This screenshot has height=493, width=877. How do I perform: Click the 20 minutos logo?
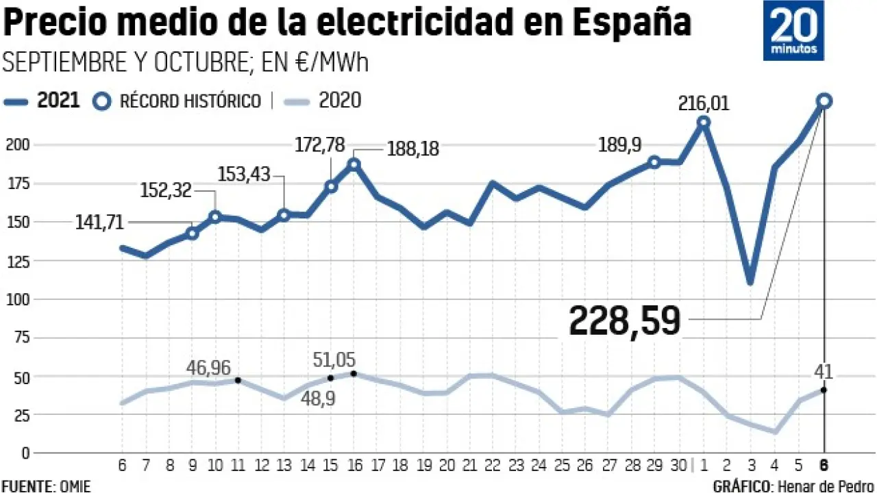tap(793, 31)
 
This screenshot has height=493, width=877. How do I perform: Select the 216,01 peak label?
tap(704, 104)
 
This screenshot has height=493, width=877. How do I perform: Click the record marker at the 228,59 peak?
tap(824, 101)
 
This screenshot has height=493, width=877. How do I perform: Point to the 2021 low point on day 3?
tap(750, 281)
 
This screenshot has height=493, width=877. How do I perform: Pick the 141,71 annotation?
tap(99, 222)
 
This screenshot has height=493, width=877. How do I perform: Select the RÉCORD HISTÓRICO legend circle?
tap(102, 101)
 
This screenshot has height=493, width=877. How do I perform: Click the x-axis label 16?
tap(354, 466)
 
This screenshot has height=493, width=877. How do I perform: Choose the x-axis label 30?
tap(678, 466)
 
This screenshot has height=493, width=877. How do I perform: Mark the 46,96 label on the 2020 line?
tap(208, 368)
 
